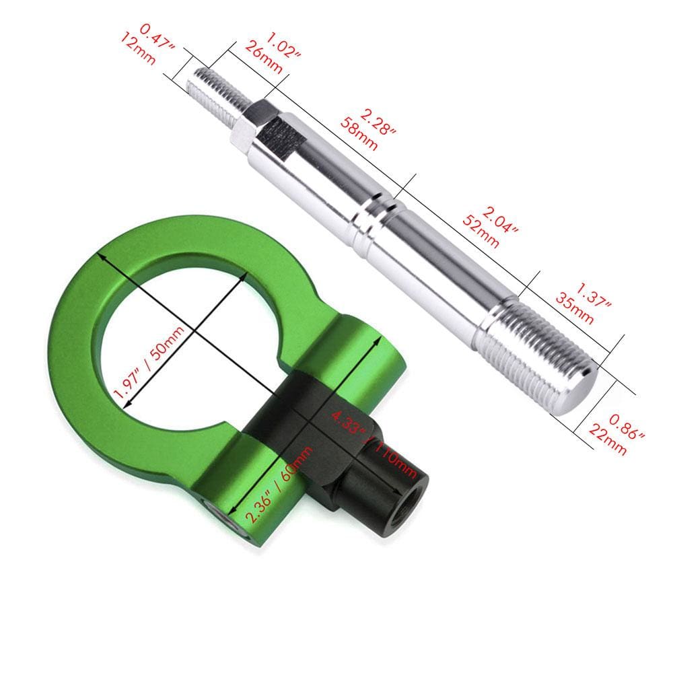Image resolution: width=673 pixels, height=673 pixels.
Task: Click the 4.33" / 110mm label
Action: click(x=374, y=434)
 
